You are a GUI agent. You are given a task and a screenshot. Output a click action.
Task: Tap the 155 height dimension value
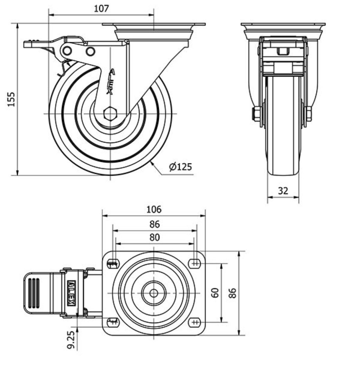click(x=11, y=99)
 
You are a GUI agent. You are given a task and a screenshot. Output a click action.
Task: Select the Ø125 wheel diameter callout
click(x=180, y=167)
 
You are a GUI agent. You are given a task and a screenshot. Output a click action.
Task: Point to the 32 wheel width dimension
click(x=283, y=191)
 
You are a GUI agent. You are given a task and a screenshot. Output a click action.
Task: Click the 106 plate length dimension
click(x=154, y=209)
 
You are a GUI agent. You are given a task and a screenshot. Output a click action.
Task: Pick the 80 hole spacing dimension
click(x=154, y=237)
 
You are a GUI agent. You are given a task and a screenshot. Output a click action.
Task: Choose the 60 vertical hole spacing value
click(x=215, y=293)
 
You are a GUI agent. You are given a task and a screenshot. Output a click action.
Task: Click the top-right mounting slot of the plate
click(x=195, y=263)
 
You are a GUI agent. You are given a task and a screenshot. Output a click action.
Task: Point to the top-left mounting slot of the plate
click(x=113, y=264)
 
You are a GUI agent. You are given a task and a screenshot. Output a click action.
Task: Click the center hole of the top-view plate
click(x=154, y=293)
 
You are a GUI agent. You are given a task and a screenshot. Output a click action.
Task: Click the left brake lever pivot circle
click(x=67, y=51)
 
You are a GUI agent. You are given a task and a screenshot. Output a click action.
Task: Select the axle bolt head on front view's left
click(x=256, y=114)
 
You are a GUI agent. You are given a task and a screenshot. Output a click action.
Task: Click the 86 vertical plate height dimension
click(x=234, y=293)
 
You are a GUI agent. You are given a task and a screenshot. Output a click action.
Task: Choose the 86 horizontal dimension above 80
click(x=154, y=224)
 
